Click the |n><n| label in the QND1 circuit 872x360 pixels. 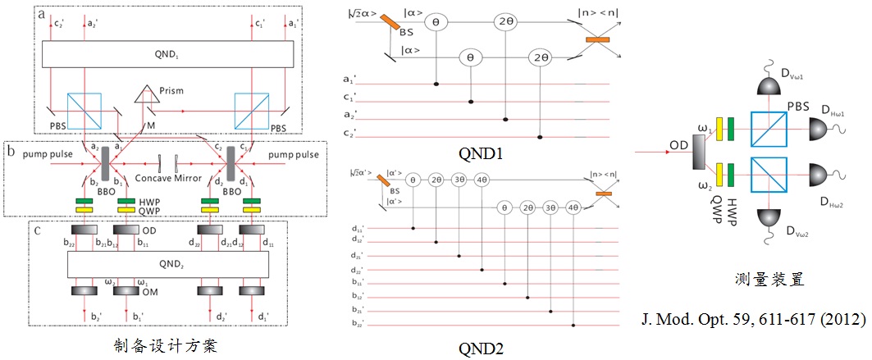coord(603,15)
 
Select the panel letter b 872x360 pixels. coord(10,150)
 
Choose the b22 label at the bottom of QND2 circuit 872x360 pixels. coord(355,326)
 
